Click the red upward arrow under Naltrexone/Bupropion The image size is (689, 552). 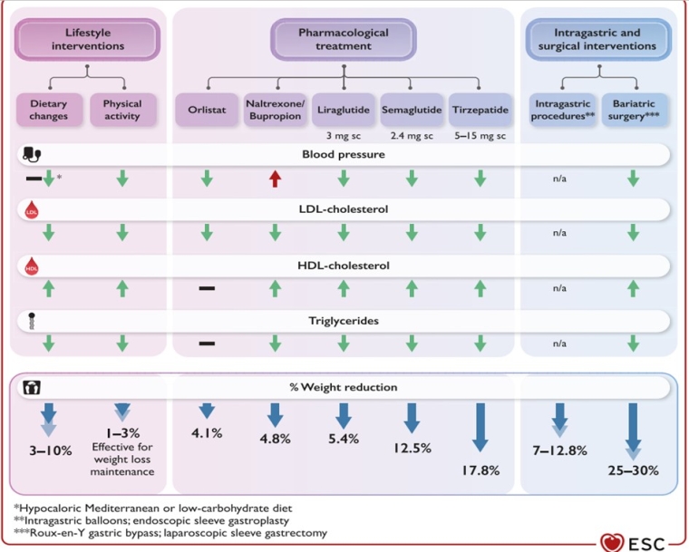click(275, 179)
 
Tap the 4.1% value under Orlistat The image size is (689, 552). click(207, 432)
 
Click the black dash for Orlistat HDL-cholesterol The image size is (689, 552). click(207, 288)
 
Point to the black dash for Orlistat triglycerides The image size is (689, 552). click(207, 344)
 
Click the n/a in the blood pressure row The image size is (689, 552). click(559, 179)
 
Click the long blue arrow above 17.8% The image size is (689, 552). click(480, 427)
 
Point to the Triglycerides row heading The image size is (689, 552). click(341, 321)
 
